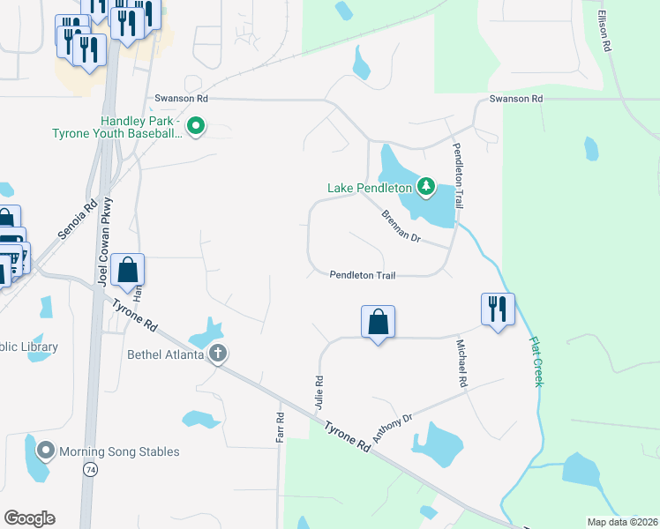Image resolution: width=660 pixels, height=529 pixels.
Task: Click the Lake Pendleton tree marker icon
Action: point(427,186)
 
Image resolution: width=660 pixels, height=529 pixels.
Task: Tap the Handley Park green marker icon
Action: point(197,127)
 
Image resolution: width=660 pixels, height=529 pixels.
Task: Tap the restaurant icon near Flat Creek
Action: point(498,309)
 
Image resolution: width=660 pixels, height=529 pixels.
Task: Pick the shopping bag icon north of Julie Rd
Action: point(378,322)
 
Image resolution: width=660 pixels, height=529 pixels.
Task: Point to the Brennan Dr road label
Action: point(401,227)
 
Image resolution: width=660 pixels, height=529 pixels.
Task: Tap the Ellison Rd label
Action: point(604,32)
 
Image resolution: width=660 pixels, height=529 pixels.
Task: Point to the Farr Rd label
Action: point(281,428)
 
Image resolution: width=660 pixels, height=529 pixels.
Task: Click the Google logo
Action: point(29,518)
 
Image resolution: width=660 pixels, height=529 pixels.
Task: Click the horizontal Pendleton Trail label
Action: point(362,275)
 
